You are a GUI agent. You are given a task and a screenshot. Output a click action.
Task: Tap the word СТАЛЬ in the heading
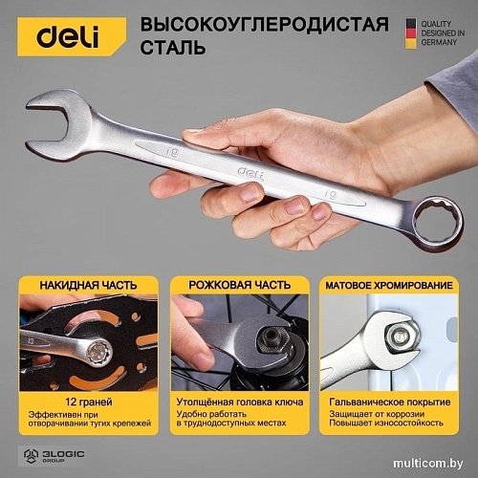174,47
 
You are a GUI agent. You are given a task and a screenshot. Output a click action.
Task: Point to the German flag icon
410,31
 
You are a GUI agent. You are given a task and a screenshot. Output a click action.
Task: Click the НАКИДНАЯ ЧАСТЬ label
88,285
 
